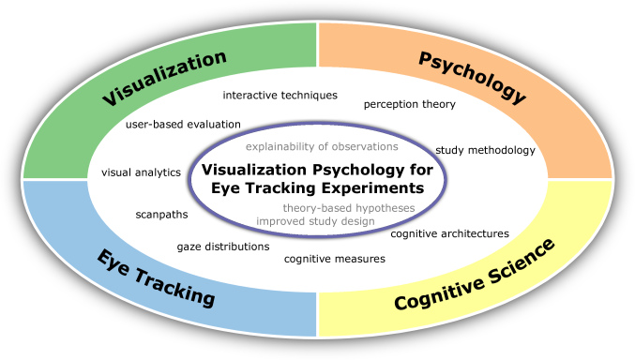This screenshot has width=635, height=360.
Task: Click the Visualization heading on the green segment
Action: [x=164, y=78]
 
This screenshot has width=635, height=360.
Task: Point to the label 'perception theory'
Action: [x=410, y=104]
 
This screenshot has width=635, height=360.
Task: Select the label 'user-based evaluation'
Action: [x=183, y=124]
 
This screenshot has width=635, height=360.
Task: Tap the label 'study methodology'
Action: [x=485, y=150]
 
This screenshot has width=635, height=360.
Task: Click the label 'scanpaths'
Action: [x=161, y=214]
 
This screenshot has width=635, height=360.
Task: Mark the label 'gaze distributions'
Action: [x=223, y=247]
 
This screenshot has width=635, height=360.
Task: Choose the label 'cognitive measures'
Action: [x=335, y=258]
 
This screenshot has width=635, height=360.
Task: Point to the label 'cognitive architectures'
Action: [x=449, y=233]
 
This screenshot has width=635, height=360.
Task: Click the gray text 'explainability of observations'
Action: [x=322, y=147]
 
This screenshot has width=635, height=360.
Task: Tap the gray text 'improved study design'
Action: [x=315, y=221]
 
